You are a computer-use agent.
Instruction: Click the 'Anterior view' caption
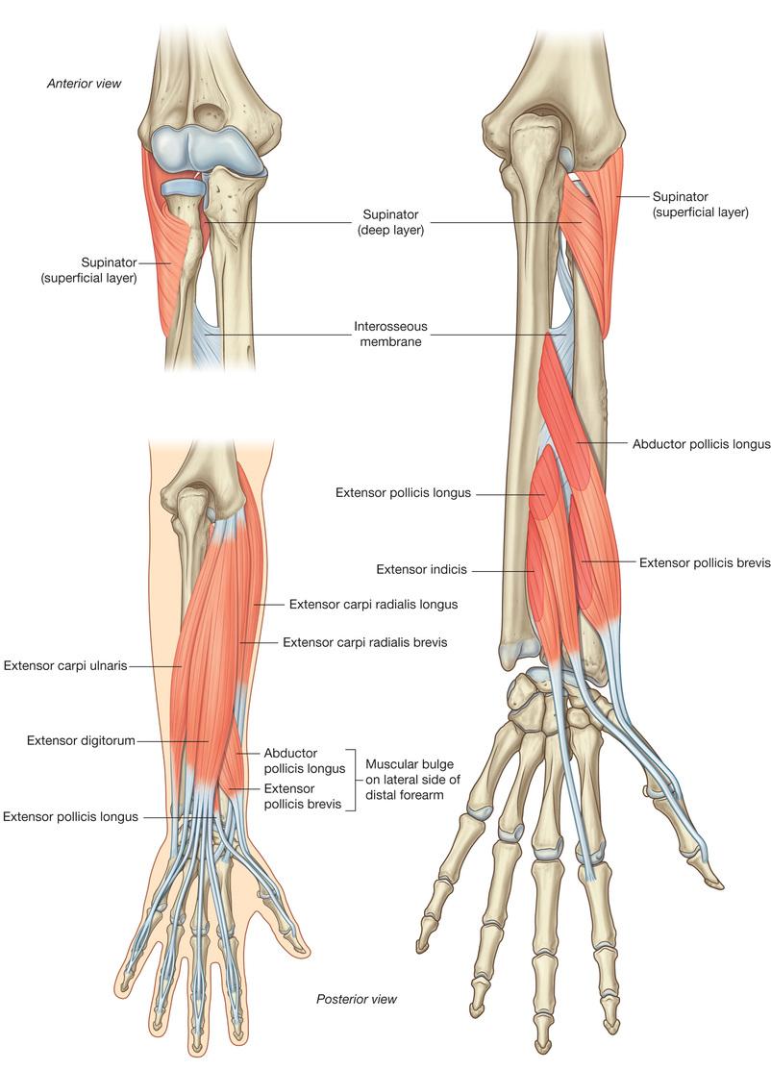coord(84,84)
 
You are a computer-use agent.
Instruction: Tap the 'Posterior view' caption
coord(356,999)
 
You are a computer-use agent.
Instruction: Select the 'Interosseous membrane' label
coord(390,334)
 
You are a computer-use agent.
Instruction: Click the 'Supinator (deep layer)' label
coord(390,222)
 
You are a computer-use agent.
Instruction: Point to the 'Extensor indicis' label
coord(422,569)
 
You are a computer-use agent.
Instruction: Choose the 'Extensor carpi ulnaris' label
coord(65,665)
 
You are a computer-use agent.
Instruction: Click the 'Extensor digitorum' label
coord(81,740)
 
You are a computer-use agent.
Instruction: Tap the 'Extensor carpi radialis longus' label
coord(373,604)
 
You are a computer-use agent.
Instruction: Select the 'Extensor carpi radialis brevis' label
coord(365,642)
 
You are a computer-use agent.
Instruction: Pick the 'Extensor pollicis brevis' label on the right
coord(705,563)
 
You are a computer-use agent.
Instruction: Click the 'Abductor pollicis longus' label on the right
coord(702,444)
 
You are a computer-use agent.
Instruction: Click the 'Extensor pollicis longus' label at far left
coord(70,817)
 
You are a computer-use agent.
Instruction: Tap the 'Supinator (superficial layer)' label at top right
coord(700,204)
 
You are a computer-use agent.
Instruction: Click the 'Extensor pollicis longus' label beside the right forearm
coord(403,492)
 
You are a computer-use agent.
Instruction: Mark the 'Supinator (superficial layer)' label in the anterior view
coord(88,270)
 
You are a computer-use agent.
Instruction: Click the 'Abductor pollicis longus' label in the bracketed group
coord(305,760)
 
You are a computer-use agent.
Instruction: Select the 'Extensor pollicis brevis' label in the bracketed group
coord(302,796)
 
